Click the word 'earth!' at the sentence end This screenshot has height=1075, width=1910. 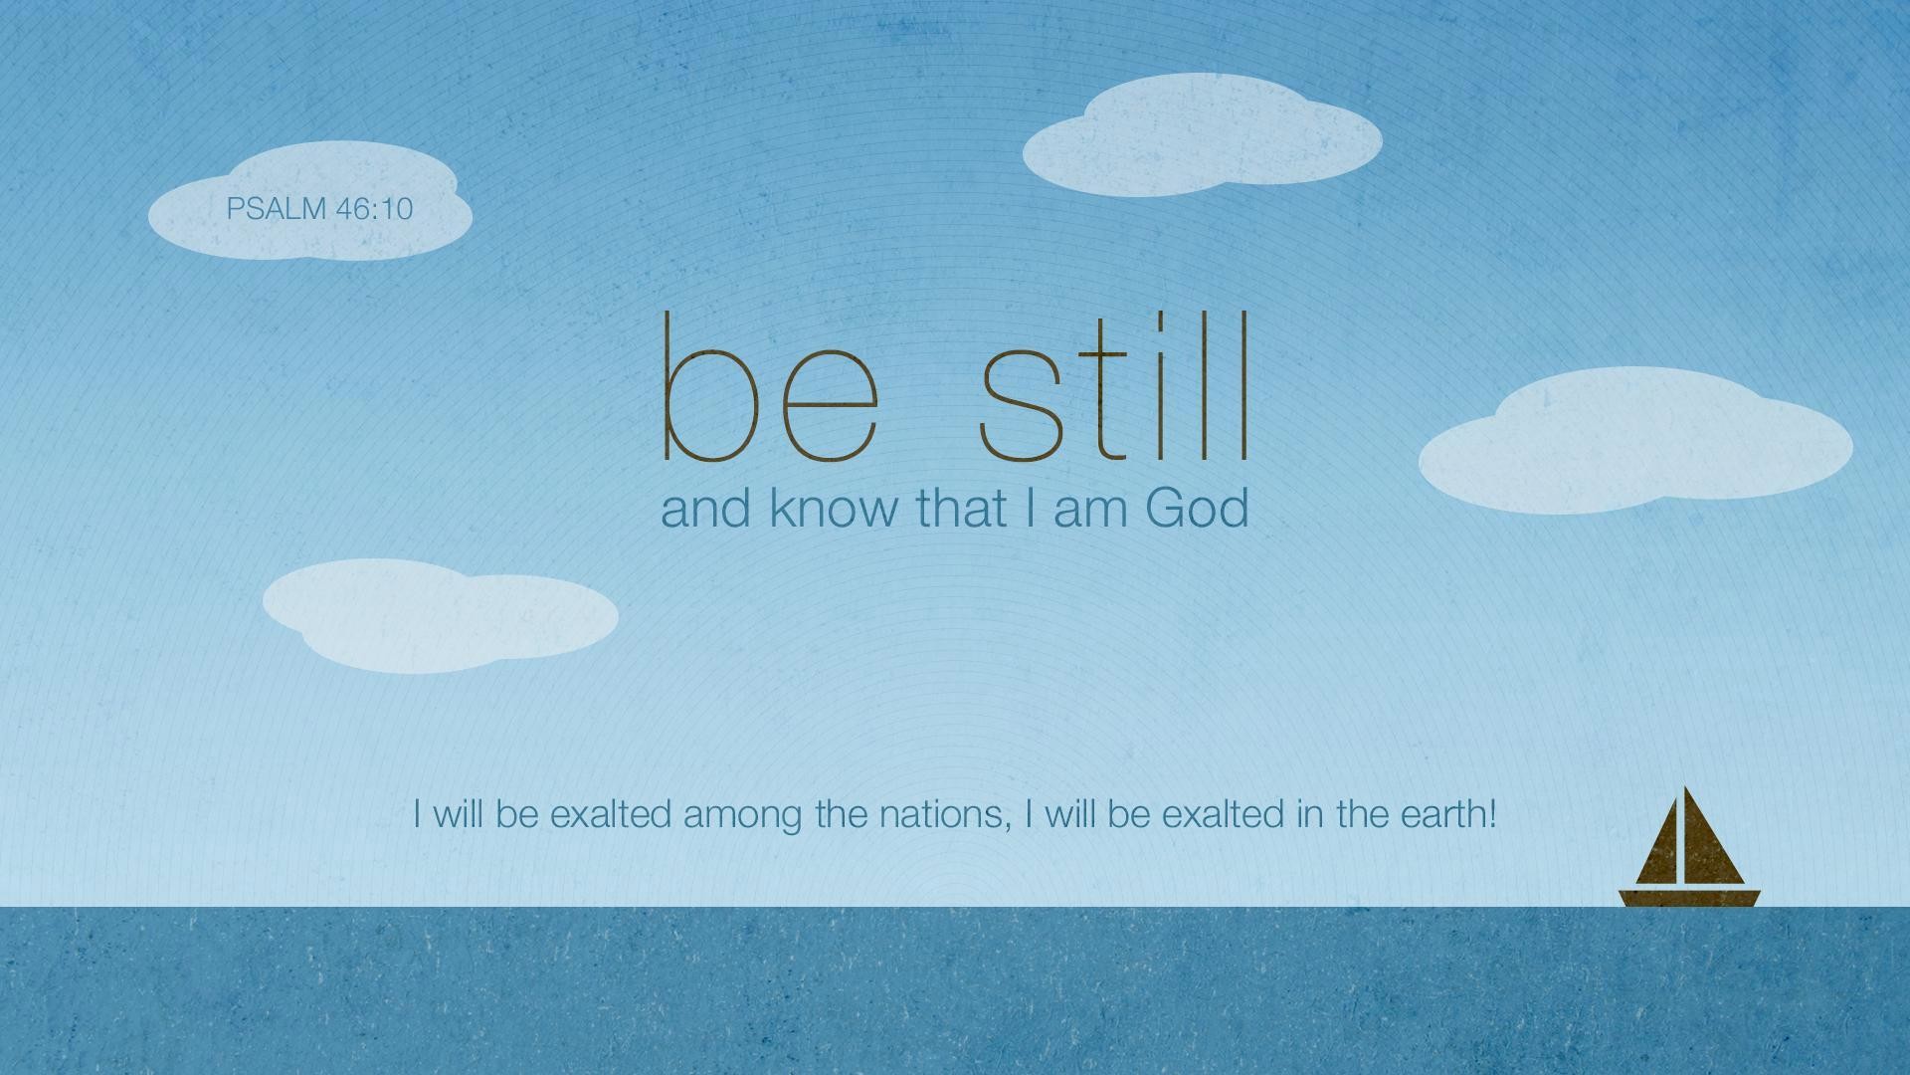tap(1448, 814)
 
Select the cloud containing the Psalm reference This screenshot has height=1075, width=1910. tap(309, 204)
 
